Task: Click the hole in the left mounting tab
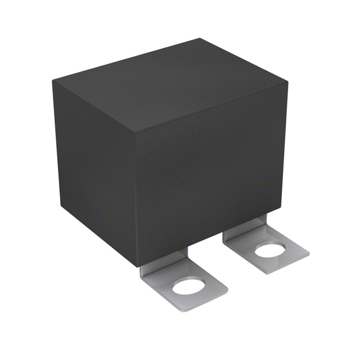(x=187, y=287)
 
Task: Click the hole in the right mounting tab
(x=271, y=250)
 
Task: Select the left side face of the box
(x=93, y=169)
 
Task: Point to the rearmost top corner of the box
(x=200, y=39)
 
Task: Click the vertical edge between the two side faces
(x=136, y=197)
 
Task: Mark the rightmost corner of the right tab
(x=309, y=254)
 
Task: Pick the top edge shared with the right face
(x=211, y=107)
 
